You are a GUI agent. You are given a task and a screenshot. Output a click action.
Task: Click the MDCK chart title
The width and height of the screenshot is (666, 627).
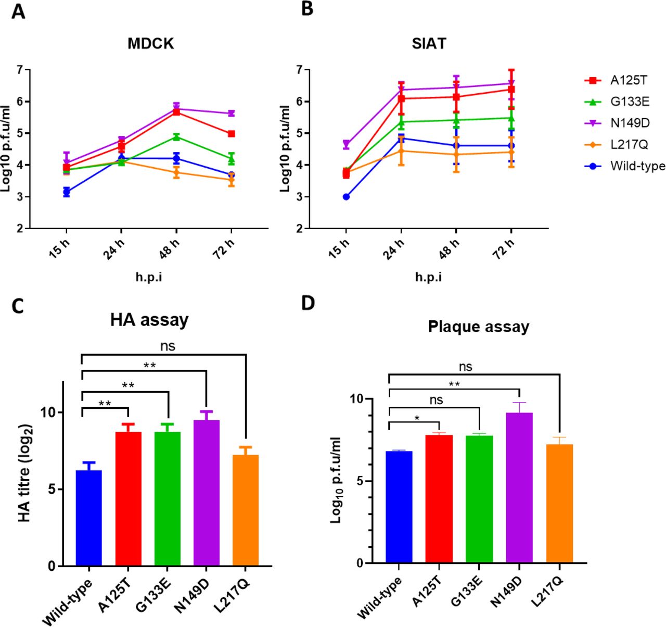point(150,43)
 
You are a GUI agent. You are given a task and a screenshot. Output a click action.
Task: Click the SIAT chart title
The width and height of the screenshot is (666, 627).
point(429,43)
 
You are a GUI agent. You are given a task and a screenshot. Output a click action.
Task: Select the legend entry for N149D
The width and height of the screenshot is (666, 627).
point(629,123)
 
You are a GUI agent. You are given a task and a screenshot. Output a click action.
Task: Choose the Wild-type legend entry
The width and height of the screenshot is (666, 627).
point(637,166)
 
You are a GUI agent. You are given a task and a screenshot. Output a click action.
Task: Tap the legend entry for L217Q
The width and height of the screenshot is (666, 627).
point(629,145)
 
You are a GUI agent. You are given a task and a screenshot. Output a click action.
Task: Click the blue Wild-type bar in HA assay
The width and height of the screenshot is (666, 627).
point(89,518)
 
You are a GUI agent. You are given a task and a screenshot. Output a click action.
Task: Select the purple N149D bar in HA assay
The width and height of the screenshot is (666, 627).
point(207,493)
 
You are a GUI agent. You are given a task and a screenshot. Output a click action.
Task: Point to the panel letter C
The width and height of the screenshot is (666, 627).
point(18,306)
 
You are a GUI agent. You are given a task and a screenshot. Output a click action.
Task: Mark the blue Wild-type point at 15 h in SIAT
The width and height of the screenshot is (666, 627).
point(346,197)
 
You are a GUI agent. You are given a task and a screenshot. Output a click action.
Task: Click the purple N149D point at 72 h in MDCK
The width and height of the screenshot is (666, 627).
point(231,114)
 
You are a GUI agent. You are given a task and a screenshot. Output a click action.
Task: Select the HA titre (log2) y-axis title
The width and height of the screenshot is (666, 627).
point(24,473)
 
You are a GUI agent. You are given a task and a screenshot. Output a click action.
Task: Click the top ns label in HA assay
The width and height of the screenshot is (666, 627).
point(168,346)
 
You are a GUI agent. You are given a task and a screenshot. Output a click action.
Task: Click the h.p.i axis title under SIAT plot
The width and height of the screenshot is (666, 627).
point(428,277)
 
